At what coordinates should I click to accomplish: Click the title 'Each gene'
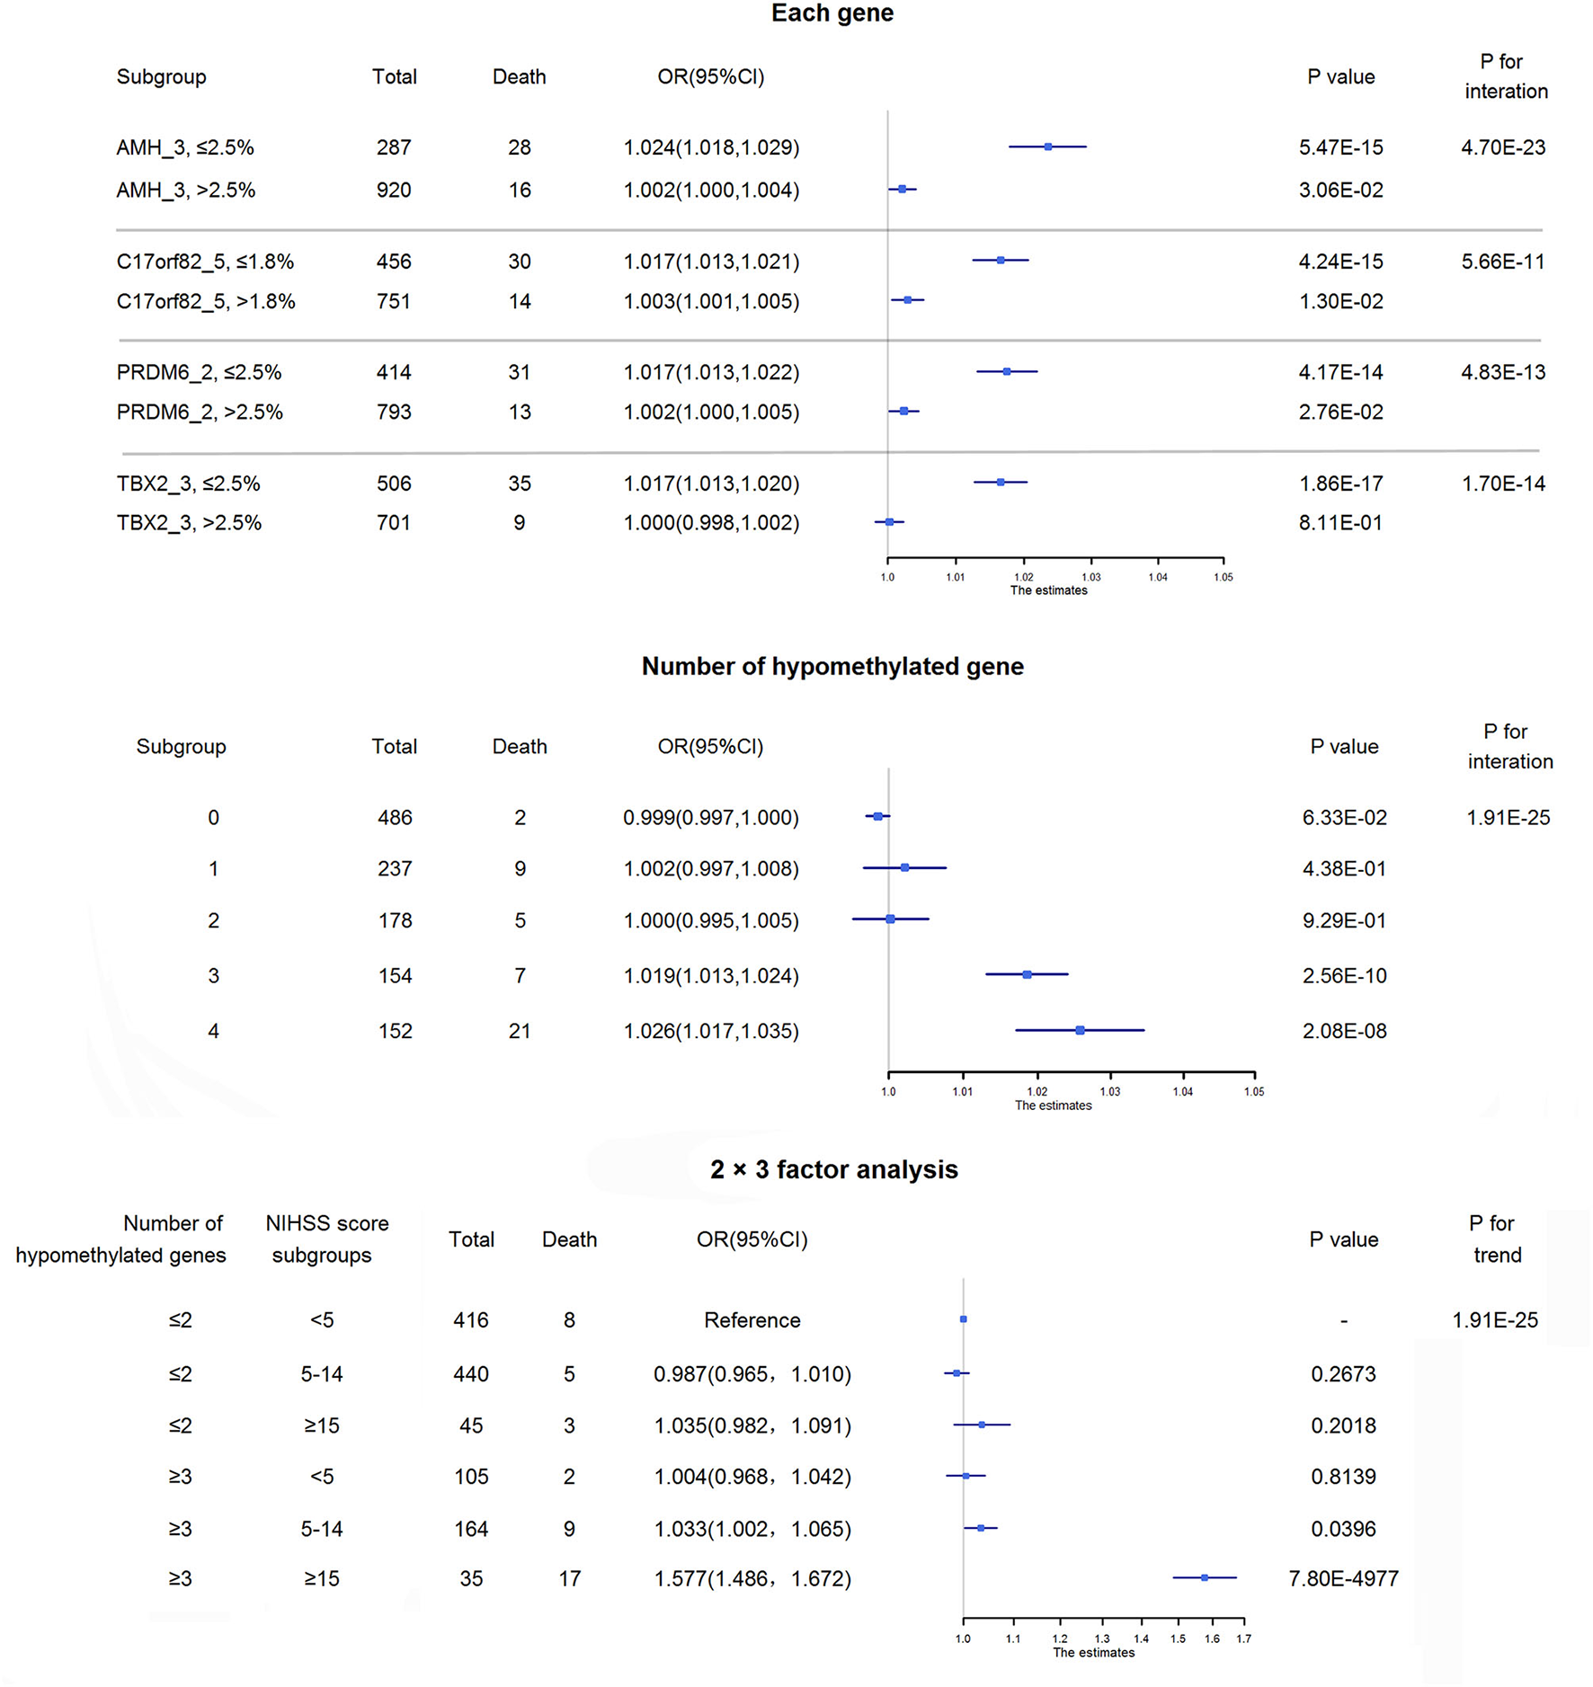click(x=832, y=13)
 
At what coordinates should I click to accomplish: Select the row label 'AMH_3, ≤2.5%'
click(x=185, y=147)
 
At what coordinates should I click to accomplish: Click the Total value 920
click(x=394, y=191)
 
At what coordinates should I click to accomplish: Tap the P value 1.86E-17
click(x=1340, y=484)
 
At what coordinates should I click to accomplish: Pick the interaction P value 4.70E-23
click(x=1503, y=147)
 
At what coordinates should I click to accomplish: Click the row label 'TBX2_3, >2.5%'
click(x=189, y=523)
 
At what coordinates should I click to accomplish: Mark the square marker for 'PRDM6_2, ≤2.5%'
click(x=1007, y=371)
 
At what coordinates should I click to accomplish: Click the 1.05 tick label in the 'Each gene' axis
click(x=1223, y=577)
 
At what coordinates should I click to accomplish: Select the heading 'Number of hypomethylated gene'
click(x=832, y=666)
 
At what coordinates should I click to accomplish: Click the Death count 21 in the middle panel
click(x=520, y=1031)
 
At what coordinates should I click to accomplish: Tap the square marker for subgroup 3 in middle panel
click(x=1027, y=974)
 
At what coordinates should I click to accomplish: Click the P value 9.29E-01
click(x=1344, y=920)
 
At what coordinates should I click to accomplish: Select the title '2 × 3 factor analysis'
click(x=833, y=1169)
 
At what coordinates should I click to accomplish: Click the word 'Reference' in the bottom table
click(x=752, y=1320)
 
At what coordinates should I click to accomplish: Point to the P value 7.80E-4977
click(x=1343, y=1578)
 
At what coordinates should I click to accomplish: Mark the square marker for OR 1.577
click(x=1205, y=1577)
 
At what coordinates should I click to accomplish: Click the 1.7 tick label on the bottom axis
click(x=1243, y=1638)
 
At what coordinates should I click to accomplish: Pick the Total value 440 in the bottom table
click(x=471, y=1374)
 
